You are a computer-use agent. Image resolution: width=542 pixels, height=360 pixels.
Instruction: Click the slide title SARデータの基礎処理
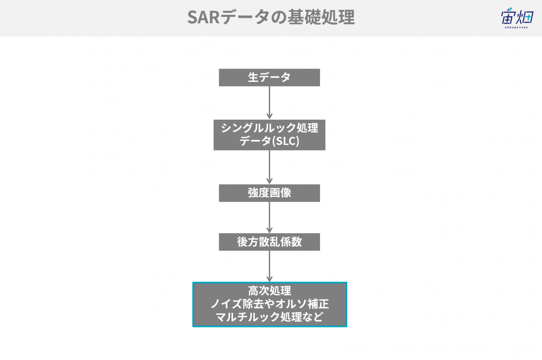point(271,17)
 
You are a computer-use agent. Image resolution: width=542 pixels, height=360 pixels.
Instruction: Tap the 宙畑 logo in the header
point(517,18)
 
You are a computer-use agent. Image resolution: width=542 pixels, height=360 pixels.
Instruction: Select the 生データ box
point(269,77)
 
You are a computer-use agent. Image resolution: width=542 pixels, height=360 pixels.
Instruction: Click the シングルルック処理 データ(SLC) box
point(269,135)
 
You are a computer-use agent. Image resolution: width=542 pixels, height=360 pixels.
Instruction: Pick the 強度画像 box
point(269,193)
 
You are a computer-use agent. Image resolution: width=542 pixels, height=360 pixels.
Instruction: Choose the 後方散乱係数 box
point(269,242)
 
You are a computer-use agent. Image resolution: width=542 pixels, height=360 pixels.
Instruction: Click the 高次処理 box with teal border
point(270,304)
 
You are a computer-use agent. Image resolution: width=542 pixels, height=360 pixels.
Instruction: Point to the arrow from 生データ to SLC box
point(269,103)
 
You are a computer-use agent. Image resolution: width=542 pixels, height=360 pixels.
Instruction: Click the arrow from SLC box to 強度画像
point(269,167)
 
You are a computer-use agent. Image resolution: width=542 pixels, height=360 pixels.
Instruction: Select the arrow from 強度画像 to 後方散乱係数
point(269,217)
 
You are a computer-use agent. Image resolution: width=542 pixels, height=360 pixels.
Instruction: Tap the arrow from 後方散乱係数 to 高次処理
point(269,266)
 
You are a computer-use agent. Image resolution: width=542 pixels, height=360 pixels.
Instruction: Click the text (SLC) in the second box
point(286,141)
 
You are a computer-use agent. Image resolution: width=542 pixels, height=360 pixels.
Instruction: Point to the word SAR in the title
point(203,18)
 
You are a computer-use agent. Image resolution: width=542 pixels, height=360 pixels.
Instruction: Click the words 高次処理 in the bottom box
point(270,291)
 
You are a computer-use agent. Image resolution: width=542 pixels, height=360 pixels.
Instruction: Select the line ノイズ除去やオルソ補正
point(270,304)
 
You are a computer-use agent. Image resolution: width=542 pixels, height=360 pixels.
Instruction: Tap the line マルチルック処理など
point(270,317)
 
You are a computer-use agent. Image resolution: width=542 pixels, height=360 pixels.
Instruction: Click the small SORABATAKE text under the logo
point(516,28)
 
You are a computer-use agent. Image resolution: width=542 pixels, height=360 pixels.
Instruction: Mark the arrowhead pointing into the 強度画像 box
point(269,181)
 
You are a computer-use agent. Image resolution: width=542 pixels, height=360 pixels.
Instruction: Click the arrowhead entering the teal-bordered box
point(269,279)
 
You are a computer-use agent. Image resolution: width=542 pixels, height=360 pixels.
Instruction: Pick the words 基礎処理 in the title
point(321,17)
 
